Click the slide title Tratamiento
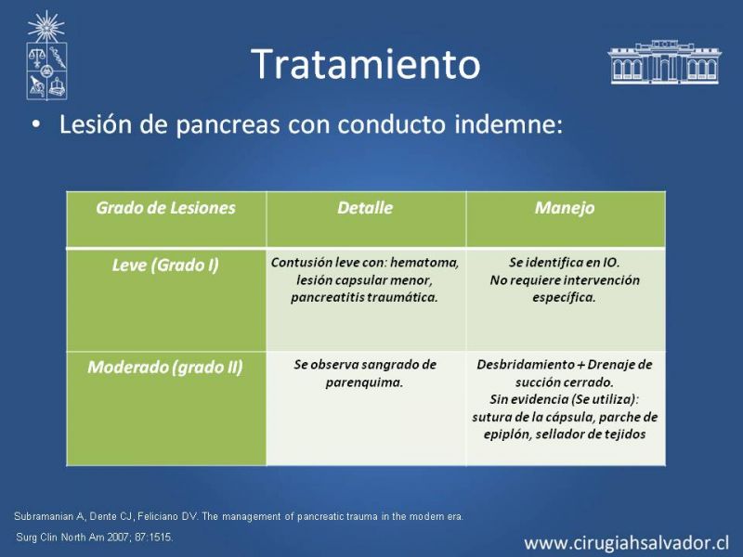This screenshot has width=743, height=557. point(366,63)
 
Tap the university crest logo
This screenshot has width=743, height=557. point(46,55)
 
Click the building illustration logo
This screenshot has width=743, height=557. point(664,62)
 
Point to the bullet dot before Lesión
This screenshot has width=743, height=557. point(36,124)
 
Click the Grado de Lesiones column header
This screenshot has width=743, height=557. point(165,208)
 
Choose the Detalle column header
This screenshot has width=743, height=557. point(365,208)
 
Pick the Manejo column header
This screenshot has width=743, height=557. point(565,208)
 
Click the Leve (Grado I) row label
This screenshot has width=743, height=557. point(165,266)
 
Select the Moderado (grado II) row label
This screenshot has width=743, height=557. point(165,368)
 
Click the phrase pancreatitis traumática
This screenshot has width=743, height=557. point(364,297)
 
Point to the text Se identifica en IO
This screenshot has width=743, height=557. point(565,263)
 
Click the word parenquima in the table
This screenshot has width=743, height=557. point(364,382)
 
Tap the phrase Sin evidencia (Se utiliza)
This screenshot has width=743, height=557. point(565,400)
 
